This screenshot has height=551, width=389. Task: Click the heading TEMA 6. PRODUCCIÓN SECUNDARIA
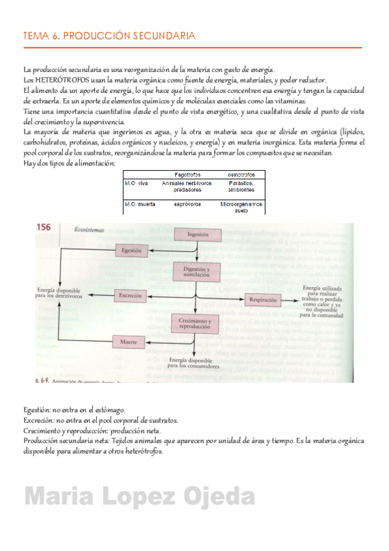[x=108, y=36]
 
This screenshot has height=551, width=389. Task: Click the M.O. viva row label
[x=136, y=184]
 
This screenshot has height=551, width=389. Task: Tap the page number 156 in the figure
[x=44, y=227]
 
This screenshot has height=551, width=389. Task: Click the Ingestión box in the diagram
[x=197, y=235]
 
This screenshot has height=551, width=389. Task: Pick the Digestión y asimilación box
[x=197, y=272]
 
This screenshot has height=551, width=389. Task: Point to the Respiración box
[x=262, y=300]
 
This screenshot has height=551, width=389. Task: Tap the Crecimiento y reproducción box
[x=197, y=323]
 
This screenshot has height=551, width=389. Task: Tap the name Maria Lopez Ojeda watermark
[x=140, y=498]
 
